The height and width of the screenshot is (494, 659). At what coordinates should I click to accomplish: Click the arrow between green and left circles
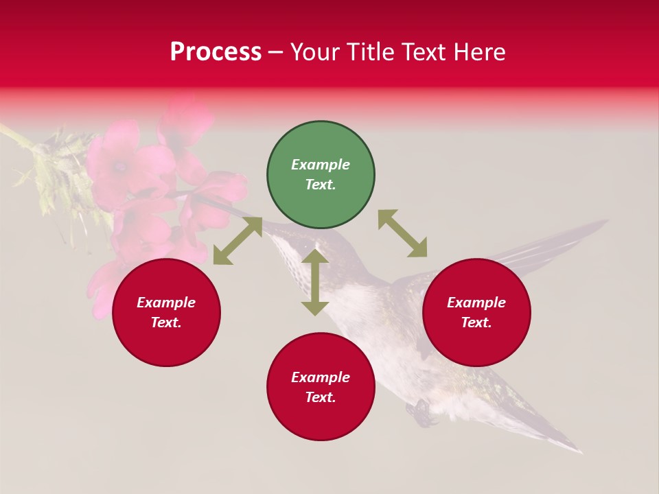(238, 241)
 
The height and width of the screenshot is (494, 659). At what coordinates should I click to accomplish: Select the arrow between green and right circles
(402, 233)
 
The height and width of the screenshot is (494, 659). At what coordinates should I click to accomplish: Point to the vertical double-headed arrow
(315, 282)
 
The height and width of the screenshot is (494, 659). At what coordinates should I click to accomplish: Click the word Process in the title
(216, 52)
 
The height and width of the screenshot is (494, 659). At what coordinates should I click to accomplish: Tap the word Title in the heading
(369, 52)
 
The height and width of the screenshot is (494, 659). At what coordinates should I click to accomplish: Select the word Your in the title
(316, 52)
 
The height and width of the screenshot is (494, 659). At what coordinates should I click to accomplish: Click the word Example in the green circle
(321, 165)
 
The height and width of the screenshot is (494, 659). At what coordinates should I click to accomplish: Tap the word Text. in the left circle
(166, 322)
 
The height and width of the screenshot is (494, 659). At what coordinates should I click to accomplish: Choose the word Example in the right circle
(476, 303)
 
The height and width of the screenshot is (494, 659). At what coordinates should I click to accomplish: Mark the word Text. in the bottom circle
(321, 397)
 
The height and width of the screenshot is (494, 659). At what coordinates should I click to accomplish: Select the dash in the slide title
(275, 53)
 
